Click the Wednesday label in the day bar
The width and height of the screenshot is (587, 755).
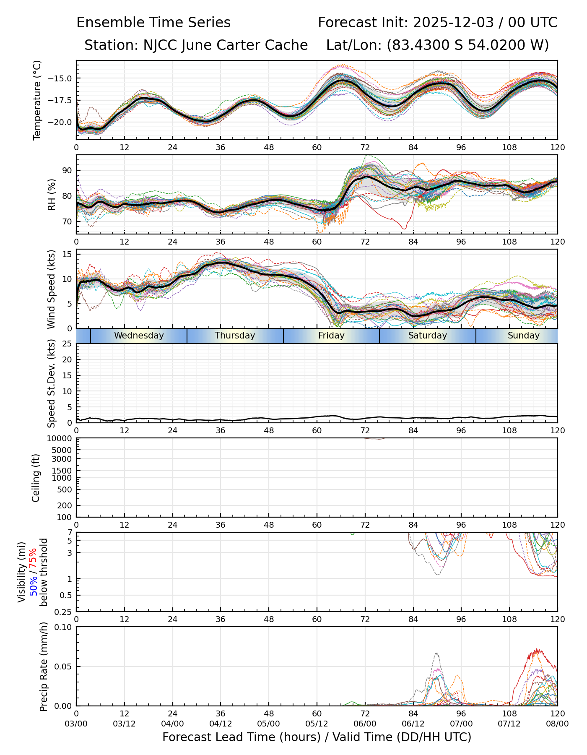click(x=139, y=336)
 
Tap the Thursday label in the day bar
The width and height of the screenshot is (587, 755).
click(x=235, y=336)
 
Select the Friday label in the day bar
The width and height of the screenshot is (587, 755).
click(x=331, y=336)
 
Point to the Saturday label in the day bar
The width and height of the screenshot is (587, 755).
click(x=428, y=336)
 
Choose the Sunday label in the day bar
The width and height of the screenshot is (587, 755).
click(x=523, y=336)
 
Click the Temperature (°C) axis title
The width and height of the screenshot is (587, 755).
click(x=37, y=100)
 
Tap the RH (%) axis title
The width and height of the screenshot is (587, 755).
click(x=51, y=194)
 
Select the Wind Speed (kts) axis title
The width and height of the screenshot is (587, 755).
click(x=51, y=289)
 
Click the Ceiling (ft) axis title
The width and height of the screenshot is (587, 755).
click(x=36, y=478)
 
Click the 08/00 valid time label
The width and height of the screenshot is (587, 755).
click(x=557, y=724)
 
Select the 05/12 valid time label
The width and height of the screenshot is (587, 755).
click(x=317, y=724)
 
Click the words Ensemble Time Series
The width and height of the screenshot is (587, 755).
click(x=153, y=23)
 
